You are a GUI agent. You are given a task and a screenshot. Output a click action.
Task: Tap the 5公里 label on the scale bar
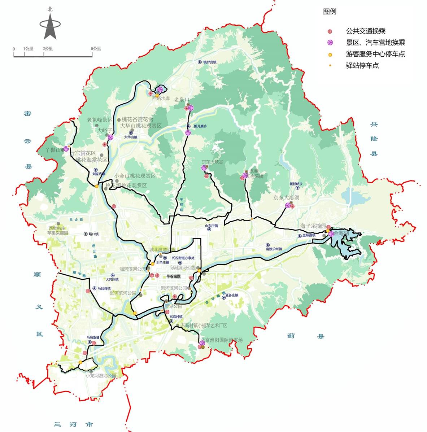tap(96, 49)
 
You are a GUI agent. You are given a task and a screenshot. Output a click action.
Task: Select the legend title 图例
tap(330, 12)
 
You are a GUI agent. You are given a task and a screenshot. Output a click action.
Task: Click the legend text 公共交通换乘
tap(366, 31)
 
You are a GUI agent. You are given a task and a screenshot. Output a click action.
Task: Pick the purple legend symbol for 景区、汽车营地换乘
tap(330, 43)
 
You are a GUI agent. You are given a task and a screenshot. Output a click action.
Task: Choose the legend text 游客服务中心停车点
tap(375, 54)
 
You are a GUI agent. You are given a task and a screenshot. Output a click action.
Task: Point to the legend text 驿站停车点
tap(362, 66)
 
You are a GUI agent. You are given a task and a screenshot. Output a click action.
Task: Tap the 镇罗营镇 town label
tap(209, 62)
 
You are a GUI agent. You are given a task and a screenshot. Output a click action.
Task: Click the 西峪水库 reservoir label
tap(161, 98)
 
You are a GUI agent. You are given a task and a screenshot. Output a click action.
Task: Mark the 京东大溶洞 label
tap(286, 198)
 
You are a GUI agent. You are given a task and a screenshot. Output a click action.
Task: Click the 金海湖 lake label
tap(341, 234)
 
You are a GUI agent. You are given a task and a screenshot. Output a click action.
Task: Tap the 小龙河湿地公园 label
tap(101, 376)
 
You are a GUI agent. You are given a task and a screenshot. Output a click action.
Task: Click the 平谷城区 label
tap(174, 276)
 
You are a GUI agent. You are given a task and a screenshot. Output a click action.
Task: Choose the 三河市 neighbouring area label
tap(74, 424)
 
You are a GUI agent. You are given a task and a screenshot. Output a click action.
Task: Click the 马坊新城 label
tap(93, 337)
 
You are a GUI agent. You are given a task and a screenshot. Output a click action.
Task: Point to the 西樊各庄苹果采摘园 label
tap(58, 231)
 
